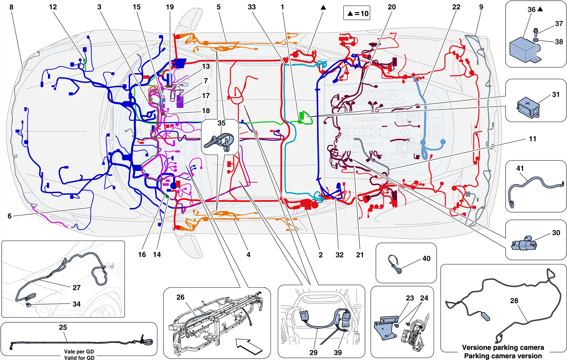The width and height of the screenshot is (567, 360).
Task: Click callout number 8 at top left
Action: click(x=11, y=7)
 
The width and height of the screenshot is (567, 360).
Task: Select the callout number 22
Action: click(x=456, y=7)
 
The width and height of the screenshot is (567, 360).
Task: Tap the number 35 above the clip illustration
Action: click(x=221, y=123)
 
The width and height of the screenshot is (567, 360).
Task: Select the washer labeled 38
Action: click(x=536, y=41)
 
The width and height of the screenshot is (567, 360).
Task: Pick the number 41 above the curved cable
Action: click(x=520, y=168)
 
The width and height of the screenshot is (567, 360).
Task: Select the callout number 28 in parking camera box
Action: click(x=514, y=301)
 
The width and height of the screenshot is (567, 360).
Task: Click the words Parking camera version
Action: click(x=503, y=356)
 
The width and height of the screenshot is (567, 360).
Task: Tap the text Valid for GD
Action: click(x=79, y=358)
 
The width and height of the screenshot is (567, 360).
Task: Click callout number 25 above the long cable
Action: click(x=63, y=327)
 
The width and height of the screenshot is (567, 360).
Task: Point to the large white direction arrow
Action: click(x=248, y=346)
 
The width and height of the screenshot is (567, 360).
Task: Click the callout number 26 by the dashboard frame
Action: click(x=180, y=297)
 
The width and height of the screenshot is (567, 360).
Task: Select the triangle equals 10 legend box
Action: click(x=357, y=13)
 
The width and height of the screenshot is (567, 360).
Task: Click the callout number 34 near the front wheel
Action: click(x=76, y=304)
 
